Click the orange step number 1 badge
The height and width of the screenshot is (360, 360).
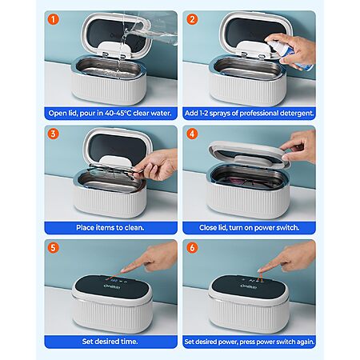[x=53, y=19]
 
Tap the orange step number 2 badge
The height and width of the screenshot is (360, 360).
[x=192, y=19]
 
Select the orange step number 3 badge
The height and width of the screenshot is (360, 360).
[x=53, y=134]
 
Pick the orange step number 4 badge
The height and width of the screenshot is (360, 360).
[x=192, y=134]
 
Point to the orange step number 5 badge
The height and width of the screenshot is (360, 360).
[x=53, y=247]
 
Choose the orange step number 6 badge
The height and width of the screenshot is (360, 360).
[x=192, y=247]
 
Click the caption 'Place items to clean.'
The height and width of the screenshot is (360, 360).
[x=110, y=227]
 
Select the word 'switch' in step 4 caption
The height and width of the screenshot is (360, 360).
[x=289, y=227]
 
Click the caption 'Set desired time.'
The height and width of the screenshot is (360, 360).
[x=110, y=342]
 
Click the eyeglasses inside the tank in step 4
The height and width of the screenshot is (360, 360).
[x=248, y=182]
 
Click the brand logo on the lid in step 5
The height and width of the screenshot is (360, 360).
[x=112, y=286]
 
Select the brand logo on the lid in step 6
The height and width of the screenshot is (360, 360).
[x=249, y=286]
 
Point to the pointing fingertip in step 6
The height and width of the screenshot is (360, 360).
[x=260, y=270]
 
